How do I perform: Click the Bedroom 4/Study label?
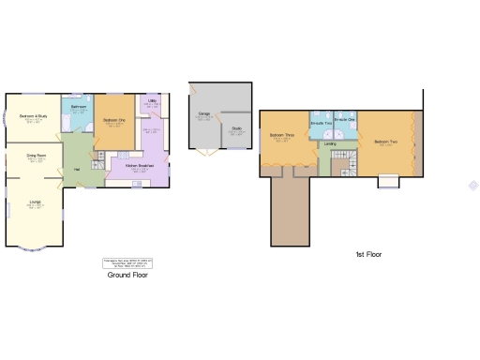(33, 118)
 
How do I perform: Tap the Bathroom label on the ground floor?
(79, 108)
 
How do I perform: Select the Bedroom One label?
(114, 121)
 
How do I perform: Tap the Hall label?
(76, 169)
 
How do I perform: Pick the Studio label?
(236, 130)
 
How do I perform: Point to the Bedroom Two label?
(384, 142)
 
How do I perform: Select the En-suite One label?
(345, 121)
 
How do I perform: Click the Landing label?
(329, 143)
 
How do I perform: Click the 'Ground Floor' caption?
(127, 276)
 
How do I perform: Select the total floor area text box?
(127, 263)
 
